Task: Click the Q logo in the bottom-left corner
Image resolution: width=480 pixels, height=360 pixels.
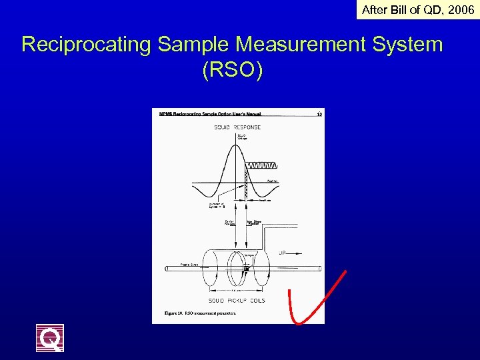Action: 50,338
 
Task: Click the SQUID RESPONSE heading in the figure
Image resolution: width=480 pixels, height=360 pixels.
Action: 237,127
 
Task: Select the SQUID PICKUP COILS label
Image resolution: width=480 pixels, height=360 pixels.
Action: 237,301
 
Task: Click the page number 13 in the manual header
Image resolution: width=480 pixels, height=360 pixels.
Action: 319,114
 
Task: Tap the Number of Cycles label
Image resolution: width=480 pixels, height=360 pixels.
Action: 218,205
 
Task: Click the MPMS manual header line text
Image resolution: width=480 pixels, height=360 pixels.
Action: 210,114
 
